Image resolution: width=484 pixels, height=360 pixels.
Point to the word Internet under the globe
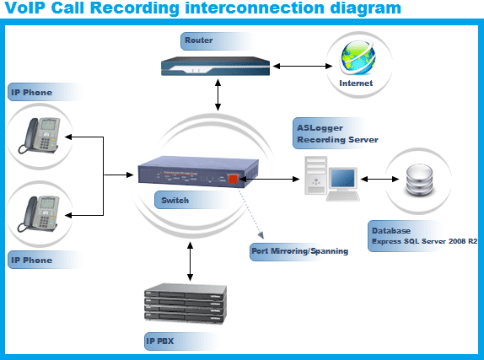coord(355,84)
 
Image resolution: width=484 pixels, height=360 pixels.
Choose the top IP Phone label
coord(31,91)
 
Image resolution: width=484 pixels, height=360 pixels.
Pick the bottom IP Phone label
coord(31,260)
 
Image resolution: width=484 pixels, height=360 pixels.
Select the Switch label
coord(175,201)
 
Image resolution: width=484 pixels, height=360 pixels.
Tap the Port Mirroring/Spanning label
coord(299,251)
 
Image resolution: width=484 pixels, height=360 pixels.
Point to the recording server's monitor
coord(344,179)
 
